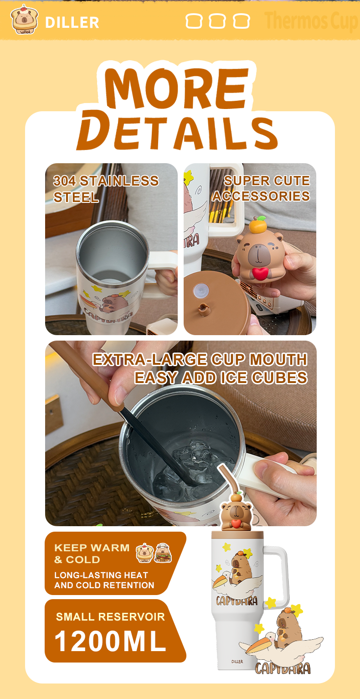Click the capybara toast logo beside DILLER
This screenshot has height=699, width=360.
tap(24, 20)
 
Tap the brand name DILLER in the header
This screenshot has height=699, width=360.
tap(72, 22)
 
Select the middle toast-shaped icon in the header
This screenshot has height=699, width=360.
tap(217, 21)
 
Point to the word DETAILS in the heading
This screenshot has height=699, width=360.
tap(177, 130)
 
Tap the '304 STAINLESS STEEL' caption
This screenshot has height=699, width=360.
tap(106, 189)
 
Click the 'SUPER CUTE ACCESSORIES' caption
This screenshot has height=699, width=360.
tap(261, 188)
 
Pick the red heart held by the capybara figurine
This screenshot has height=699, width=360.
tap(260, 273)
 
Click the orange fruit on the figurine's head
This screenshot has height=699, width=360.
tap(257, 225)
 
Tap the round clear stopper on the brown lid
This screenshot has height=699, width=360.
tap(200, 291)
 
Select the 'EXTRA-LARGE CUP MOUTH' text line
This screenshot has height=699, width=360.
tap(200, 359)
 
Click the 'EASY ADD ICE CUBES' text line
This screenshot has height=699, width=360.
tap(221, 378)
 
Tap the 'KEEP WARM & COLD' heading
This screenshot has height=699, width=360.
tap(92, 553)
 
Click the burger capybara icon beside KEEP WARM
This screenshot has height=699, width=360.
tap(163, 553)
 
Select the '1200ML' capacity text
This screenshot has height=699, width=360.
tap(110, 641)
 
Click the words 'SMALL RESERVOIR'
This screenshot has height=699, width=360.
tap(110, 616)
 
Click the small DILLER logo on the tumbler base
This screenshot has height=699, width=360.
tap(237, 661)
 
